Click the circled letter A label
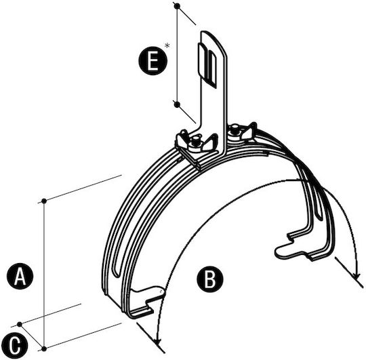(x=20, y=276)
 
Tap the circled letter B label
(x=210, y=279)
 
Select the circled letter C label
(x=14, y=345)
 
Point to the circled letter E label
(x=153, y=61)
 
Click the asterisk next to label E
(x=167, y=45)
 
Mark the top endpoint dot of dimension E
(x=177, y=6)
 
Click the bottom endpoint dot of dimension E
(x=177, y=104)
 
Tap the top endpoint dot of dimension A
(x=44, y=201)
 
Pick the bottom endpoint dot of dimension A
(x=44, y=348)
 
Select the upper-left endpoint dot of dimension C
(x=20, y=324)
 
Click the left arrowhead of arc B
(x=158, y=341)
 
